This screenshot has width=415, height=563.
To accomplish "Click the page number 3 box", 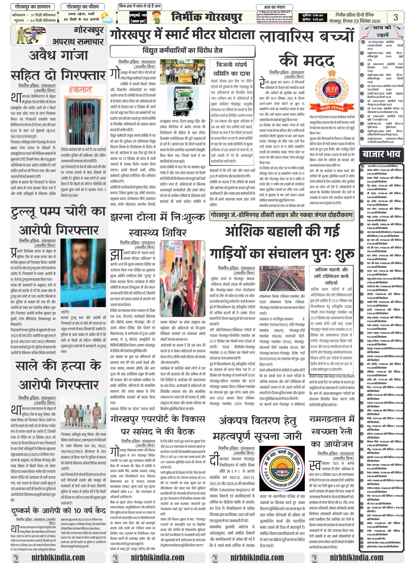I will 395,17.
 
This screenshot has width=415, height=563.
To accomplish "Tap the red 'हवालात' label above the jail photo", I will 80,90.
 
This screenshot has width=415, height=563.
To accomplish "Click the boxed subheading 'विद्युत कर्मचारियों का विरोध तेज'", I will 182,51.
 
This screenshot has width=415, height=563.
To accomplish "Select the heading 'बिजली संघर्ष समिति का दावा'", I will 232,69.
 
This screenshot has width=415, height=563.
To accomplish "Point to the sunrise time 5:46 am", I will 313,15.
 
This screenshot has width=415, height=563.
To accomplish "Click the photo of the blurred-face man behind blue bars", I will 83,273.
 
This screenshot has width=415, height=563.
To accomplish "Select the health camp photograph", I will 183,278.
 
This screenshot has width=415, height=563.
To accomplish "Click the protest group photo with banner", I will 182,71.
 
